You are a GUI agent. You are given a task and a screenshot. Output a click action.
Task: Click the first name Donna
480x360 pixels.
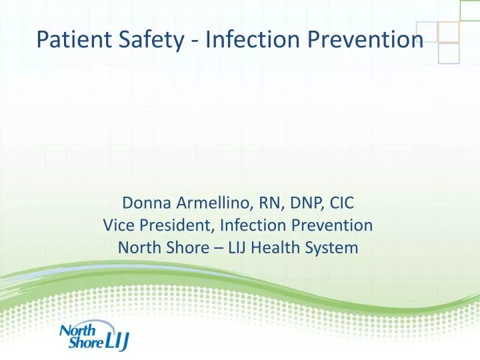[145, 203]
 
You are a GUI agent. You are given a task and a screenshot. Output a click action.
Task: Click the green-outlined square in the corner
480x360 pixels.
[469, 9]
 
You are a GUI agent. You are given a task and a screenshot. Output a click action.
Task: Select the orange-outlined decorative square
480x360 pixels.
[449, 31]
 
